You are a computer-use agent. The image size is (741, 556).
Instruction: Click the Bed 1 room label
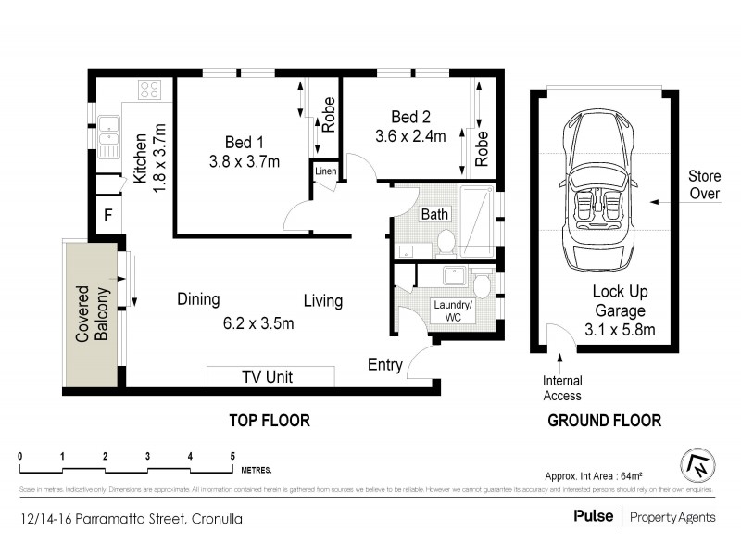(245, 142)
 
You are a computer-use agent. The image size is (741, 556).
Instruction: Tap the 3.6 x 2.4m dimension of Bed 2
(410, 136)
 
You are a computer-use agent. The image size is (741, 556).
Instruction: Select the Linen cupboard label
(325, 171)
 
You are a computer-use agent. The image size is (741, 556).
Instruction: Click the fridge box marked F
(107, 217)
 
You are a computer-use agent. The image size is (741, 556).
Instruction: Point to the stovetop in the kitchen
(149, 90)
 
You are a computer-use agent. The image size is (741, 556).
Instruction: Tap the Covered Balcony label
(93, 313)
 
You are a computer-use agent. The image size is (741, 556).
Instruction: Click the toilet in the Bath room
(445, 243)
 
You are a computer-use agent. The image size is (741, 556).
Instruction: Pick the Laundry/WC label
(454, 310)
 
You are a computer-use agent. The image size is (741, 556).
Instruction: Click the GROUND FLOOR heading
(604, 421)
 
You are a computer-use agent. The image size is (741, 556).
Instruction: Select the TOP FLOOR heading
(270, 421)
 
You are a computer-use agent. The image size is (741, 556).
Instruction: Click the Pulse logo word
(593, 516)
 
